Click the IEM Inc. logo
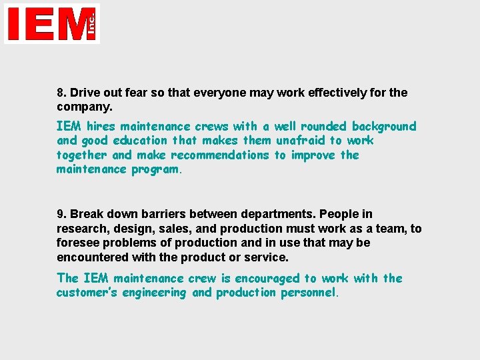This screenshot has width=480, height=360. pyautogui.click(x=52, y=23)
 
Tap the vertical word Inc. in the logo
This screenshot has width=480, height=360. pyautogui.click(x=91, y=23)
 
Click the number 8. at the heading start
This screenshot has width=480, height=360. pyautogui.click(x=61, y=93)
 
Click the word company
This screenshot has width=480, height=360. pyautogui.click(x=83, y=107)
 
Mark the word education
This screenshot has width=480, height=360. pyautogui.click(x=140, y=141)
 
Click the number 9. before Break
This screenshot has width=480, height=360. pyautogui.click(x=61, y=214)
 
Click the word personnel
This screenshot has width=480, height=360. pyautogui.click(x=310, y=293)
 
